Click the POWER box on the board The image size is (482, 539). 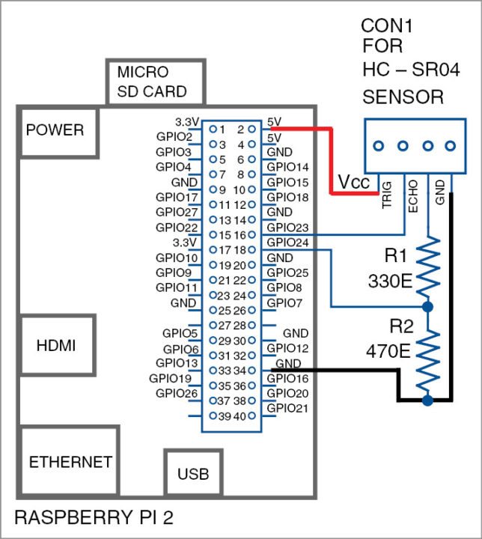[x=55, y=131]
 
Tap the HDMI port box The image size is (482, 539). [x=55, y=345]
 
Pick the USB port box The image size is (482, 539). [x=193, y=473]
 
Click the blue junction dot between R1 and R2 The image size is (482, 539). [x=427, y=307]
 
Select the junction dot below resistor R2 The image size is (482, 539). [x=427, y=401]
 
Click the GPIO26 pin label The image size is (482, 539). [x=177, y=393]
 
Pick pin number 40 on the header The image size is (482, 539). [x=240, y=415]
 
